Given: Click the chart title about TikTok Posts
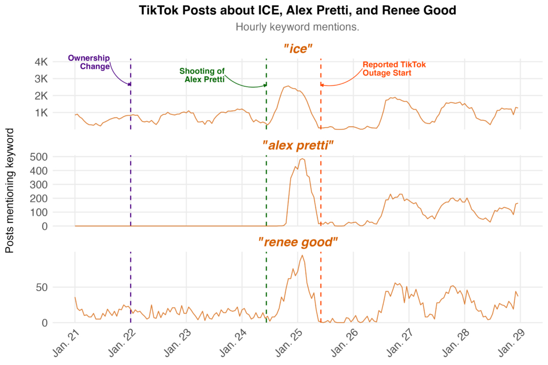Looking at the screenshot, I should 297,10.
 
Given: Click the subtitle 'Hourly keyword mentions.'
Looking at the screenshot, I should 297,27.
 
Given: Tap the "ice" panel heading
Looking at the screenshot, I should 298,49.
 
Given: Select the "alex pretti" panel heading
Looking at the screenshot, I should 298,145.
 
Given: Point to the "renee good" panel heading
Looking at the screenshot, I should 298,242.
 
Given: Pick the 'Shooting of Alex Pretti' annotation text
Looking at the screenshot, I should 202,75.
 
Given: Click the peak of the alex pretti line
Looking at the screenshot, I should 302,159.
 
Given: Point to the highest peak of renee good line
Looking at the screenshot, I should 303,255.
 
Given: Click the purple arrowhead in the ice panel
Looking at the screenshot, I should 128,84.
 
